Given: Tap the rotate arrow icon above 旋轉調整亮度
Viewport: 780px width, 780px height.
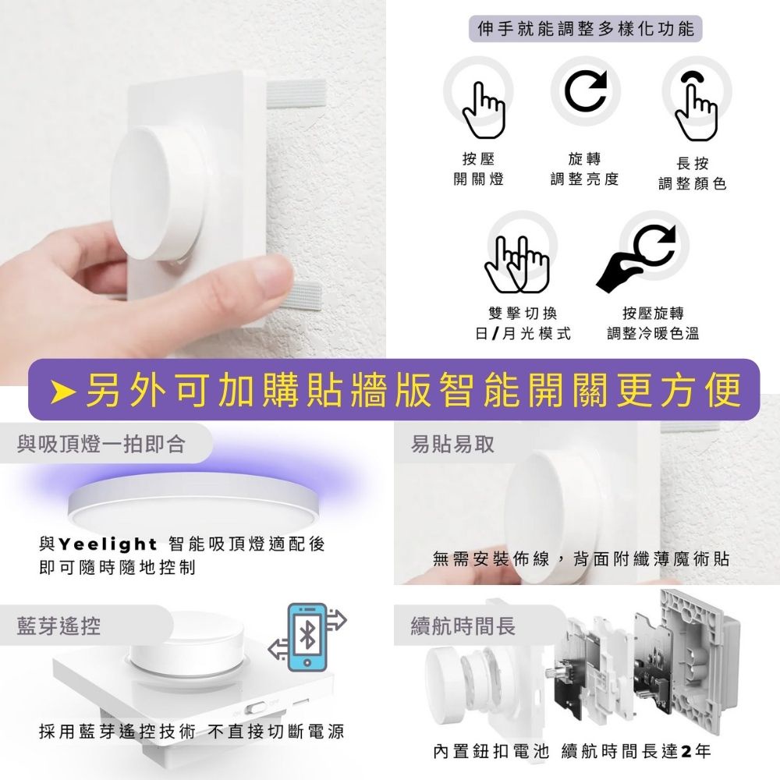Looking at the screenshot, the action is [586, 90].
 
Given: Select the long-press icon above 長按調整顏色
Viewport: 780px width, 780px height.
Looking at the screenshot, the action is [696, 106].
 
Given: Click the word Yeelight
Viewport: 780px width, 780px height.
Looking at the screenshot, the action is [108, 544].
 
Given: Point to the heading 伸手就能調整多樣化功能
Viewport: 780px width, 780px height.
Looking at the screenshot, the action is [586, 29].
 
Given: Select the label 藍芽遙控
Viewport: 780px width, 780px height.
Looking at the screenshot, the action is [58, 626].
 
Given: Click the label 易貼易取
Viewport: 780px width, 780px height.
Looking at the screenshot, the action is [452, 444].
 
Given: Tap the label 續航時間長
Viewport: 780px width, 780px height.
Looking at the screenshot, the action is [463, 626].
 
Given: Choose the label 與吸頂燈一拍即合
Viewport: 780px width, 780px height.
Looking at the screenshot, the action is [101, 444].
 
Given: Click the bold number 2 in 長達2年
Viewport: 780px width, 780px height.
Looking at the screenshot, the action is [687, 751].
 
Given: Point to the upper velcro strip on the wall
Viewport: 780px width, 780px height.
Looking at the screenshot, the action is [296, 94].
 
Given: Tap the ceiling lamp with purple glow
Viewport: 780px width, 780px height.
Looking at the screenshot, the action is [192, 503].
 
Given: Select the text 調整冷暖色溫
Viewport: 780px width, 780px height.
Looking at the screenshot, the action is [653, 333].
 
